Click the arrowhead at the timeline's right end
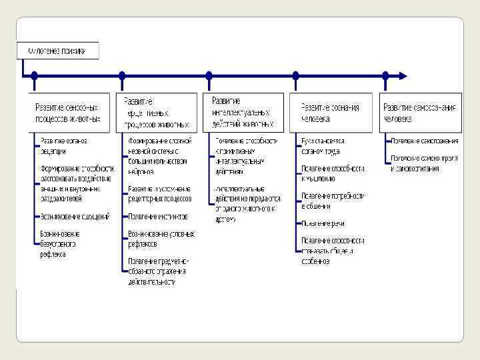(x=401, y=75)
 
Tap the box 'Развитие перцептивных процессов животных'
(x=157, y=113)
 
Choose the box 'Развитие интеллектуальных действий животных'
(x=243, y=113)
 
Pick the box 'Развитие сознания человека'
(x=330, y=113)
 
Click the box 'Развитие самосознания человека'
(x=421, y=113)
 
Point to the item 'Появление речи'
(x=323, y=223)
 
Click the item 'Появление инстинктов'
(x=158, y=217)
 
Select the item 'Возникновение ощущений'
(x=73, y=217)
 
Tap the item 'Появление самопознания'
(x=425, y=141)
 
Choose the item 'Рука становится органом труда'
(x=323, y=145)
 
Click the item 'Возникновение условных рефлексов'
(x=161, y=239)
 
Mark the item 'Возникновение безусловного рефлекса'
(x=60, y=243)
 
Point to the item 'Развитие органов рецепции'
(x=64, y=145)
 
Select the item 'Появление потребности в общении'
(x=333, y=201)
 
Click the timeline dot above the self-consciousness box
(x=385, y=75)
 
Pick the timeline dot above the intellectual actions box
(x=209, y=75)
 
